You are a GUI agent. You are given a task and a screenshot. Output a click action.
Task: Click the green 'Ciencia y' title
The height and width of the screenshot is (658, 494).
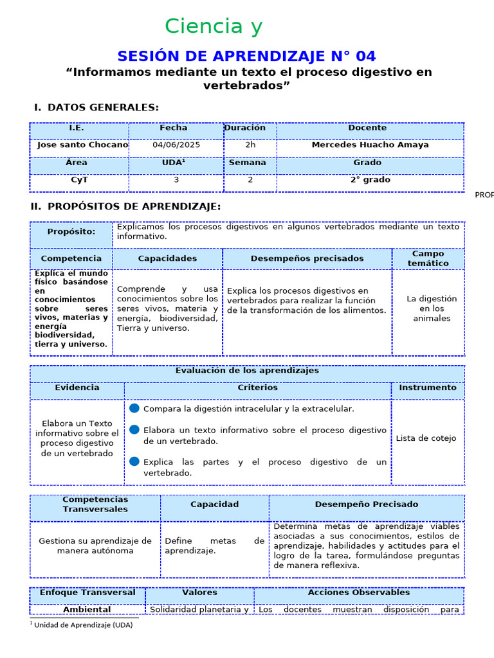coord(214,26)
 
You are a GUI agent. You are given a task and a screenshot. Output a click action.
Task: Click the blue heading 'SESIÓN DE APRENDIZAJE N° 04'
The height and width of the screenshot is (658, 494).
coord(247,56)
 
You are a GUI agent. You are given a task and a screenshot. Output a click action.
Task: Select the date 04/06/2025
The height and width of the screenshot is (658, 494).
coord(176,145)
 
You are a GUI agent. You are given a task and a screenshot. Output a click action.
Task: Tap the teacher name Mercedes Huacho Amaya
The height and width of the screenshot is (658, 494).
coord(370,145)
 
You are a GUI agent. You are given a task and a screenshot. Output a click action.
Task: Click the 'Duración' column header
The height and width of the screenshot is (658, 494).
coord(245,128)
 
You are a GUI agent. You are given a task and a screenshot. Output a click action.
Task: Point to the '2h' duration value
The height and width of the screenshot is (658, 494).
coord(250,145)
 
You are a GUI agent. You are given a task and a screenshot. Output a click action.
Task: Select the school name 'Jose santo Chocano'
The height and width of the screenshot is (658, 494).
coord(82,145)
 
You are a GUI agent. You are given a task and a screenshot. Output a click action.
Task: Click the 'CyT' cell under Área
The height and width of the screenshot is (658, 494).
coord(79,180)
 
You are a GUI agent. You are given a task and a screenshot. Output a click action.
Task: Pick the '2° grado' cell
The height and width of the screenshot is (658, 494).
coord(370,180)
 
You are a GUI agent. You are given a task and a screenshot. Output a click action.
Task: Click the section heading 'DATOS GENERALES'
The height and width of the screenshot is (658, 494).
coord(103,107)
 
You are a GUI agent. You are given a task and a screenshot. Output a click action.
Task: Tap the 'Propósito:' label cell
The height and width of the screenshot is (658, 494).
coord(71,231)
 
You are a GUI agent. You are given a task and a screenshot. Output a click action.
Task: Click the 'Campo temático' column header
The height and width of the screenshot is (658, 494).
coord(428,258)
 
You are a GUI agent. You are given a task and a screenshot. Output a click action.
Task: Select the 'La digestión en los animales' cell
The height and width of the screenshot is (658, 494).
coord(432,308)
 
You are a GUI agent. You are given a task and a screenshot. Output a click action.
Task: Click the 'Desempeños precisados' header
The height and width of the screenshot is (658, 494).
coord(307,258)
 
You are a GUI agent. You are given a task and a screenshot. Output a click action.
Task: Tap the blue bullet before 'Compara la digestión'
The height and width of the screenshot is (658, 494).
coord(134,408)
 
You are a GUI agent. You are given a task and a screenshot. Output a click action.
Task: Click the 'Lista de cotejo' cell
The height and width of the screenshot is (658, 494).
coord(426,438)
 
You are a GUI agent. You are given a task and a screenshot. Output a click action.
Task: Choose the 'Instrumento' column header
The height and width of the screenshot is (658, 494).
coord(427,387)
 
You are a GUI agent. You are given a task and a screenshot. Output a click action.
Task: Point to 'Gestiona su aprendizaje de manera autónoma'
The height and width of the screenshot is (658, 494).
coord(95,546)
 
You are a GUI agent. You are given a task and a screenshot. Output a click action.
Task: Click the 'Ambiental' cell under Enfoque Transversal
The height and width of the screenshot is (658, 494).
coord(87,609)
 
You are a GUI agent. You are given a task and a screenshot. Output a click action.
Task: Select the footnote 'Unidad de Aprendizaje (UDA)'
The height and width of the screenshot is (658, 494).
coord(83,625)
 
